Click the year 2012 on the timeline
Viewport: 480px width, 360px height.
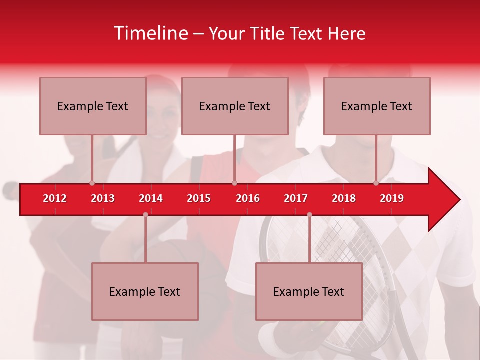[x=55, y=198]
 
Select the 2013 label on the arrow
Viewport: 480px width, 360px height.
[x=103, y=198]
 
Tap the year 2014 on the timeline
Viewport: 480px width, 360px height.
[x=151, y=198]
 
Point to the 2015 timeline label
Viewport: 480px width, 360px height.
[x=199, y=198]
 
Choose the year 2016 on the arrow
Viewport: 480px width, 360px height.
[x=248, y=198]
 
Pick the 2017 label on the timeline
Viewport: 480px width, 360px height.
[x=296, y=198]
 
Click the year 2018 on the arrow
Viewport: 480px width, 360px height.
[x=344, y=198]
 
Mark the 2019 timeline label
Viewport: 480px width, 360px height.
[x=392, y=198]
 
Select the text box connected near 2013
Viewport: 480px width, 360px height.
[x=93, y=106]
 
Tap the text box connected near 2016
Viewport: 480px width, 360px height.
[x=235, y=106]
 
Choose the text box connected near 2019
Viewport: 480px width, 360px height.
[x=377, y=106]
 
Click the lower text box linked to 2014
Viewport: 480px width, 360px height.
[x=145, y=291]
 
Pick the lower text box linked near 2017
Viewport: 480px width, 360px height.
[x=309, y=291]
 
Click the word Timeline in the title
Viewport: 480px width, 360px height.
[x=150, y=33]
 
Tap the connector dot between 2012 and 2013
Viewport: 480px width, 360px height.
[x=92, y=183]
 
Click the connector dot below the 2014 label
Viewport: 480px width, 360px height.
[x=145, y=214]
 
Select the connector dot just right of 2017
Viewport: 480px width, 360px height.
[x=309, y=214]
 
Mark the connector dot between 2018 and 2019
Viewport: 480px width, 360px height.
[x=376, y=183]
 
